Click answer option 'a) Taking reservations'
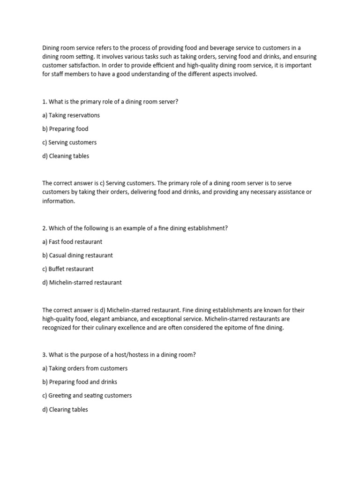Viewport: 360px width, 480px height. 71,115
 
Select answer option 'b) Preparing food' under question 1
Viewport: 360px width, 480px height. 65,129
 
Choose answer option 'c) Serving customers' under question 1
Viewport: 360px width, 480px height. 69,142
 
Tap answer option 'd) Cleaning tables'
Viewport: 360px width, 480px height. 66,156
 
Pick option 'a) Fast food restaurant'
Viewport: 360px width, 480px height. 72,242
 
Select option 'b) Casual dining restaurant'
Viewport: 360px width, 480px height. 77,255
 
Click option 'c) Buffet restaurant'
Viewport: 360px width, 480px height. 68,269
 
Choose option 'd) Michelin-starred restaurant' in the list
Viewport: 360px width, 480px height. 82,283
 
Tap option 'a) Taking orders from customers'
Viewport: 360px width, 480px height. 85,368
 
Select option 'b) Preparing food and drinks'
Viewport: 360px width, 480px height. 80,382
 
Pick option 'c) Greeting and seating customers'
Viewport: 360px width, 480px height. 87,396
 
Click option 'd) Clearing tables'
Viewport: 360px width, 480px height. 65,410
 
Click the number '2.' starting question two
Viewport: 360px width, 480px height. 45,228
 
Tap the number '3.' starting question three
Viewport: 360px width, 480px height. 45,355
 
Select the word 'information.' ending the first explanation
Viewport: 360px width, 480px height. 59,201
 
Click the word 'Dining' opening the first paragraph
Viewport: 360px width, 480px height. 51,48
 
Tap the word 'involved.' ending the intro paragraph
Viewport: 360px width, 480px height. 244,74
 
